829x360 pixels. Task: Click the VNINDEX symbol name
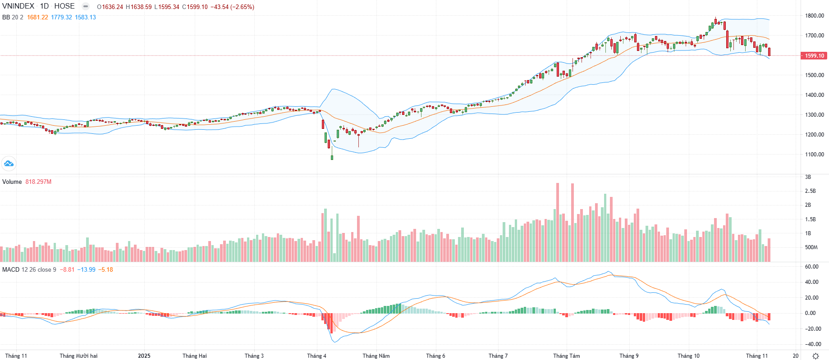18,6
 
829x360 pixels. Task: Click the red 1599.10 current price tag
814,56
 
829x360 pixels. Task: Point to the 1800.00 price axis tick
815,16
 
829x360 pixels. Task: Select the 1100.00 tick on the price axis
815,155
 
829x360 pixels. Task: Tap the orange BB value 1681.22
37,17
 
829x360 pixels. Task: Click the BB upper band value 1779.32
61,17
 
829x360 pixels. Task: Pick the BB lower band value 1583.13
85,17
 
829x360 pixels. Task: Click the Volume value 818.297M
38,182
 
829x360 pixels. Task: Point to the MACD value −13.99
86,269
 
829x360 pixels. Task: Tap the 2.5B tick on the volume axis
811,191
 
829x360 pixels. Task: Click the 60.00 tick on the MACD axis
811,267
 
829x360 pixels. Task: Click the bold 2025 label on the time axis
144,355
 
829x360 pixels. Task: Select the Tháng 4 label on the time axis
316,355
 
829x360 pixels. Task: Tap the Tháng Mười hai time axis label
78,355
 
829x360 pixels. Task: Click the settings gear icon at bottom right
815,356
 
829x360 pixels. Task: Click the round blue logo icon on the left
9,164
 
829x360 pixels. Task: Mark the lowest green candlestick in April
332,157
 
